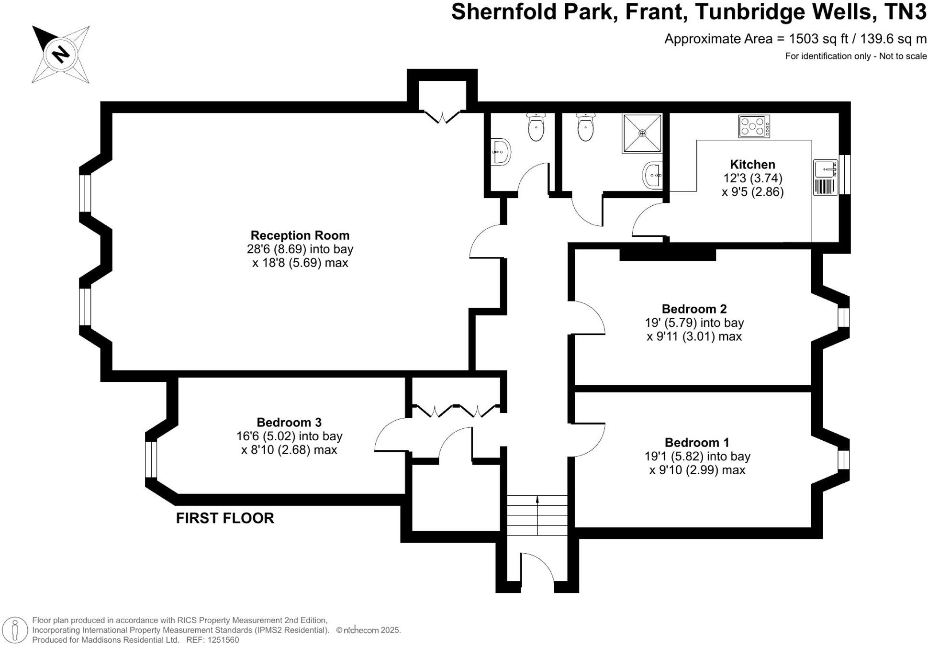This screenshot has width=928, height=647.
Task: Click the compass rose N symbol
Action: point(61,54)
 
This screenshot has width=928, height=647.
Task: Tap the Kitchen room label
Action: point(752,164)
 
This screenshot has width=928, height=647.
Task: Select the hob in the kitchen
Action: point(754,127)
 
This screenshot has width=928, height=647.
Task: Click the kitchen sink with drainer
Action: point(826,178)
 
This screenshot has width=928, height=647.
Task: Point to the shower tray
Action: point(642,133)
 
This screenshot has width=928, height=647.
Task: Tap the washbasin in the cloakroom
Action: point(501,152)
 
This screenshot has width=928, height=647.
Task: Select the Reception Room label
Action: point(300,235)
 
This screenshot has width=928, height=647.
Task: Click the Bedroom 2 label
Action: point(694,309)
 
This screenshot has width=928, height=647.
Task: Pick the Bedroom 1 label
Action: point(697,442)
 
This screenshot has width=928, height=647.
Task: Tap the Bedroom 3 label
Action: point(289,422)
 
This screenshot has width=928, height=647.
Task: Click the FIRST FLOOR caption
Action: point(225,518)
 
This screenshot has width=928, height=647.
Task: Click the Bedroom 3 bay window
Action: point(151,459)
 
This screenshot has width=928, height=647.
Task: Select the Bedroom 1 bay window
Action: point(843,459)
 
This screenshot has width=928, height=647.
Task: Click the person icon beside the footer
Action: point(15,630)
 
